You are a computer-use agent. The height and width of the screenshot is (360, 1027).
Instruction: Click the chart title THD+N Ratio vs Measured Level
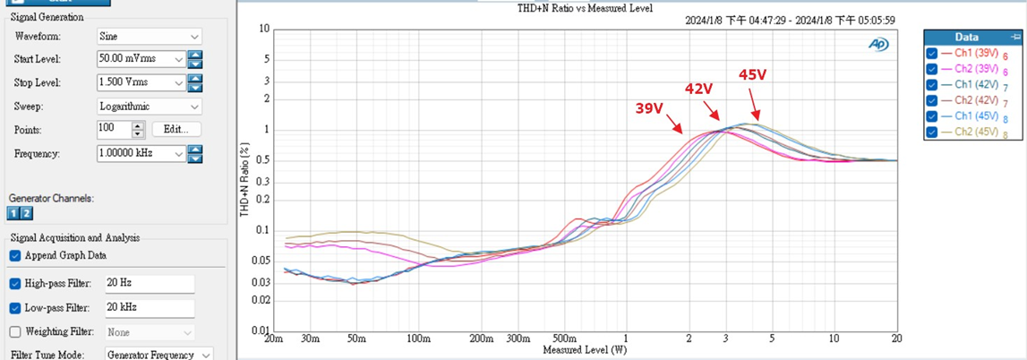click(x=586, y=8)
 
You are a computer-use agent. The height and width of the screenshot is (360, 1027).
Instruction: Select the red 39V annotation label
click(x=649, y=108)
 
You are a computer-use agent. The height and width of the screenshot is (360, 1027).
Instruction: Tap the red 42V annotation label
click(x=698, y=89)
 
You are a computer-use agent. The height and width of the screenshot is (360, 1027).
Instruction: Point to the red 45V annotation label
click(x=752, y=75)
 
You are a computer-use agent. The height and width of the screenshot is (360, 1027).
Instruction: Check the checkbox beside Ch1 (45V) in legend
click(x=932, y=116)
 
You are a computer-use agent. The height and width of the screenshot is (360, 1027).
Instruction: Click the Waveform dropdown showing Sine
click(x=149, y=37)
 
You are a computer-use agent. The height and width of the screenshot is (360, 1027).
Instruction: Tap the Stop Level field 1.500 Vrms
click(x=140, y=82)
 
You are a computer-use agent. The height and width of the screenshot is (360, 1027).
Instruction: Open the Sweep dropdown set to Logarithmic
click(x=149, y=106)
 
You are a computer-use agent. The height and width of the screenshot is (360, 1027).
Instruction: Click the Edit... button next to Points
click(x=176, y=129)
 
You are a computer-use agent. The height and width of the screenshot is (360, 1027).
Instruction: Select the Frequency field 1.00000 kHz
click(x=140, y=154)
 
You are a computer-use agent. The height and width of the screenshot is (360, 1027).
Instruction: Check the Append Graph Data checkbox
click(x=15, y=255)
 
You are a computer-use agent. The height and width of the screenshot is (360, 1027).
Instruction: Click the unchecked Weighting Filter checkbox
click(x=15, y=331)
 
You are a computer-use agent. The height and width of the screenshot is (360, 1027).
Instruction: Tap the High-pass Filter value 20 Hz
click(x=150, y=284)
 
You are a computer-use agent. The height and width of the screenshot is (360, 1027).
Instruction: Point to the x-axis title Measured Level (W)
click(x=585, y=349)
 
